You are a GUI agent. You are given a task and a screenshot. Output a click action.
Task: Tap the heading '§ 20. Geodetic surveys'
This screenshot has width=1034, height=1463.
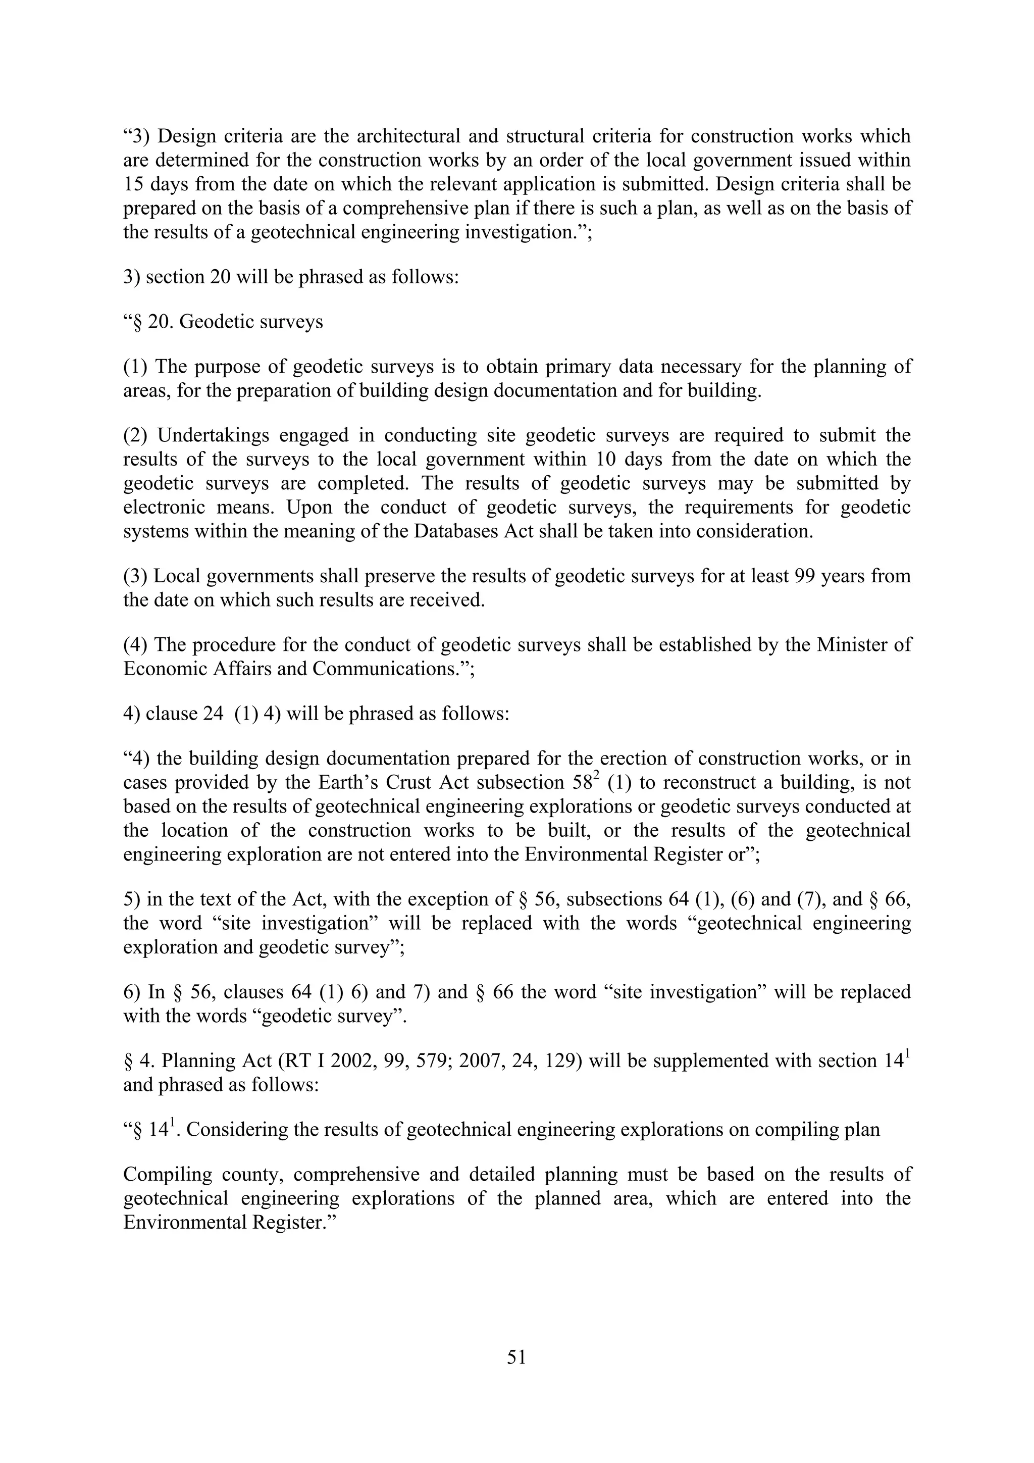click(x=224, y=322)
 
